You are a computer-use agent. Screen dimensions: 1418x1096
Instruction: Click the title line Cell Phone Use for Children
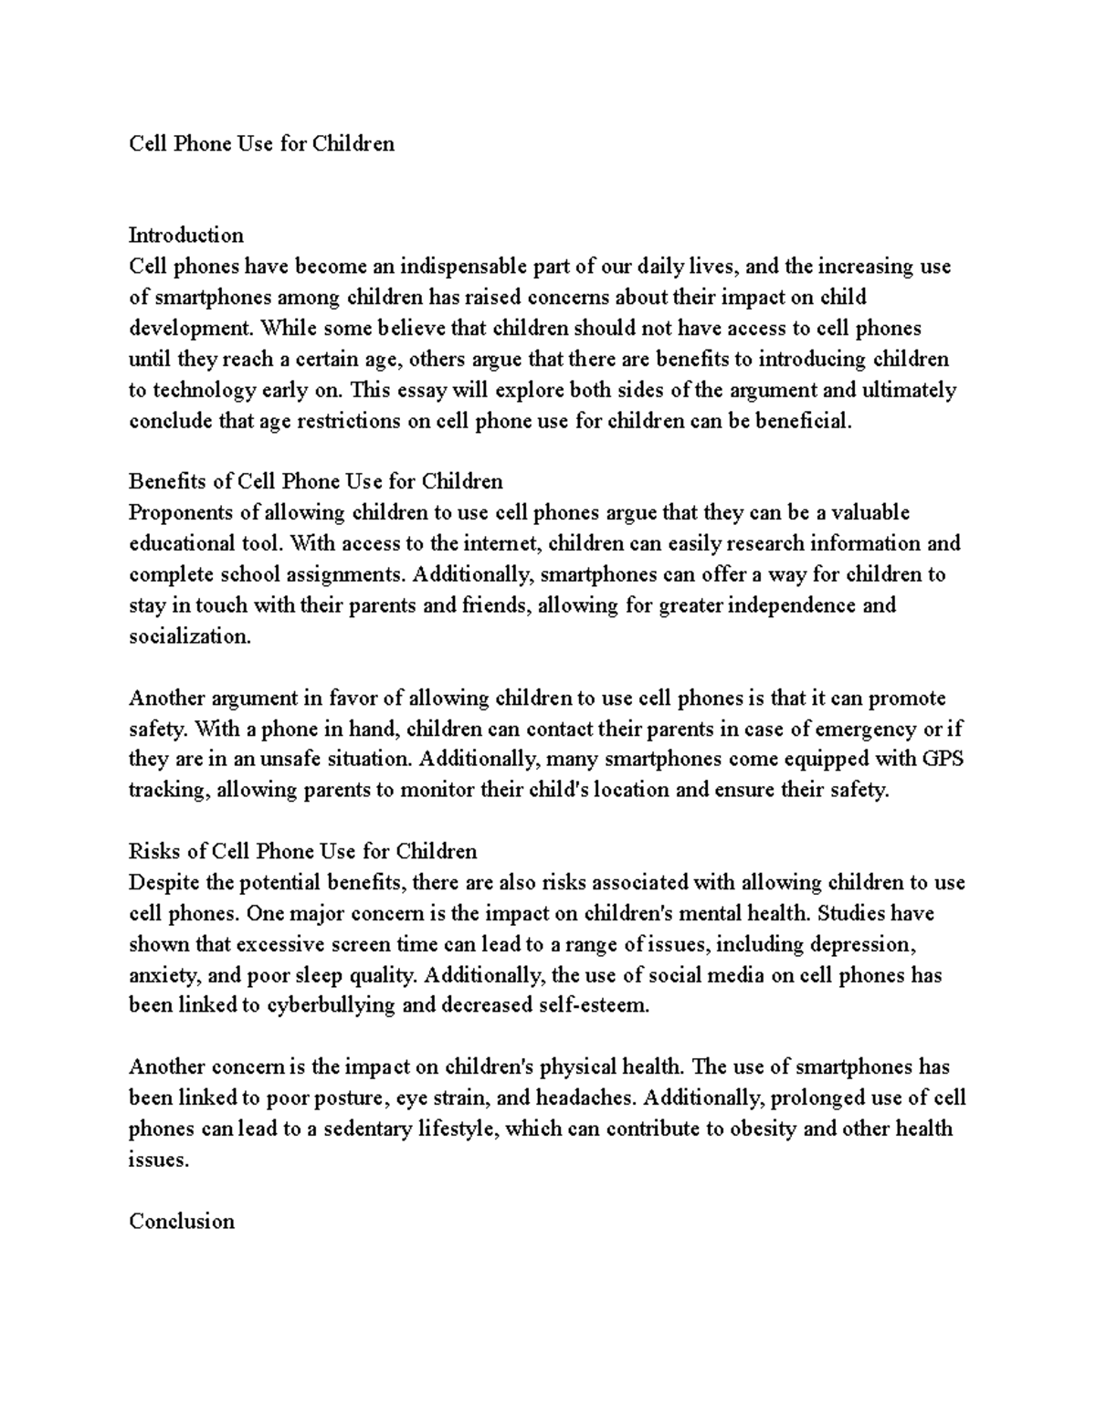[262, 143]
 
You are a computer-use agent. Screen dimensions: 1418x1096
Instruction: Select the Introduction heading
[186, 236]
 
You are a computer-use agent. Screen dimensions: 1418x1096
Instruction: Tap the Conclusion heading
[182, 1221]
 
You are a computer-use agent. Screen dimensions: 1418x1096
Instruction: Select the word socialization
[189, 636]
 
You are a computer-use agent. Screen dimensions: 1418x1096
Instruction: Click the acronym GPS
[943, 759]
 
